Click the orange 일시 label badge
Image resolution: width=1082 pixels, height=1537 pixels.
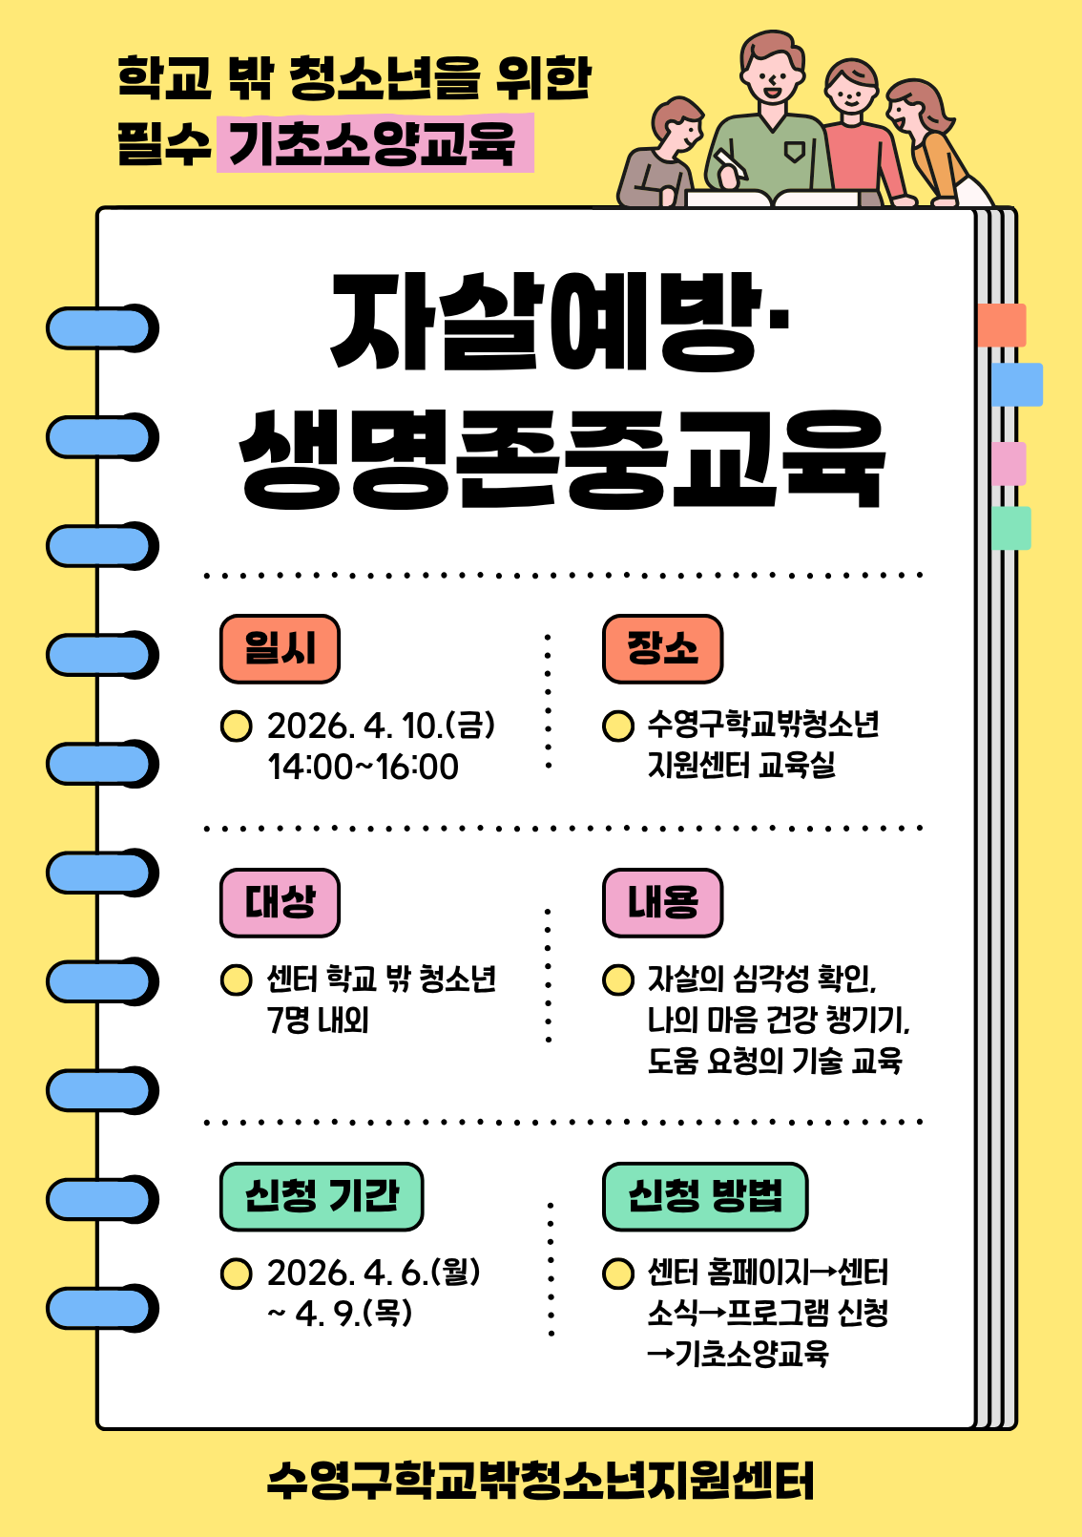click(280, 648)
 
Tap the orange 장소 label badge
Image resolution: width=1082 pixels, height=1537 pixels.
click(662, 648)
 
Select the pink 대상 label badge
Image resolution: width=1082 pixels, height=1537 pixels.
click(280, 902)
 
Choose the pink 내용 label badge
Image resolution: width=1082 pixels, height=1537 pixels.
click(662, 902)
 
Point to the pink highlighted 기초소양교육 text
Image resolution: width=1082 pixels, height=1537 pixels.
click(375, 143)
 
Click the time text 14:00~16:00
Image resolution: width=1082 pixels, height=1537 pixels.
click(363, 768)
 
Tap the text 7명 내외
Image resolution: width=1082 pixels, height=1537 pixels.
click(318, 1021)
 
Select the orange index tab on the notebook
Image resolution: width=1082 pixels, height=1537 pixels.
click(1002, 325)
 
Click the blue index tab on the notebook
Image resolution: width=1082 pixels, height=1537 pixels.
click(1017, 384)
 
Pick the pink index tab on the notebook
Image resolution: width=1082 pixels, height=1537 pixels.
click(1009, 463)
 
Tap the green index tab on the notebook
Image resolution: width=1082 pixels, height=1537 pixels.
click(1011, 528)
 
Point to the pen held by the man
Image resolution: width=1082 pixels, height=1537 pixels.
click(730, 164)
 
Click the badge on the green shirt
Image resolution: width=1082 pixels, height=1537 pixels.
click(794, 152)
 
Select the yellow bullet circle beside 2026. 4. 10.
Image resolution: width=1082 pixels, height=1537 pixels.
click(237, 726)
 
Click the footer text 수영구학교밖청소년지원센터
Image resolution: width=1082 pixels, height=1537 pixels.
click(540, 1482)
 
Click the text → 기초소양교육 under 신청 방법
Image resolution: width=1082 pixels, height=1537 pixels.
click(738, 1354)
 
